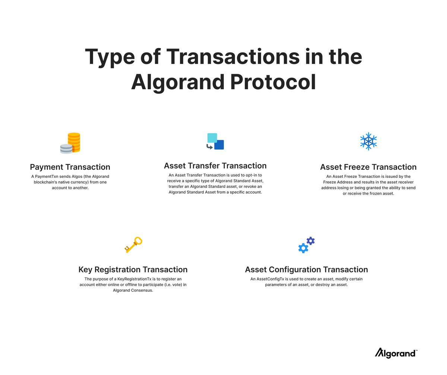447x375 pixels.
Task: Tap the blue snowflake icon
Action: pos(368,141)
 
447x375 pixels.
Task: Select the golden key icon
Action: pos(133,244)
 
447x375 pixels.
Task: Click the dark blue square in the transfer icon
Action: pos(219,145)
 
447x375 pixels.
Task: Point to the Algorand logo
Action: pos(396,353)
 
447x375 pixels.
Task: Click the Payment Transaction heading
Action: pos(70,167)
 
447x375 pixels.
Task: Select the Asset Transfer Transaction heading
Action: pos(215,166)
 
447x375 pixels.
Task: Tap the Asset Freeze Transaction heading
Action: pos(368,167)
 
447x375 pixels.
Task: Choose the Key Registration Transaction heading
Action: pos(133,269)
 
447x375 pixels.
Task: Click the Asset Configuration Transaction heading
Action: pos(306,269)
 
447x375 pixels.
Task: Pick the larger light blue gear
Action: pos(303,248)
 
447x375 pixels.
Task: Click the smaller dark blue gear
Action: pos(311,241)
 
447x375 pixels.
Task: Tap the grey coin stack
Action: pos(66,149)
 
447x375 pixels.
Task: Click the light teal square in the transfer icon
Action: pos(212,138)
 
